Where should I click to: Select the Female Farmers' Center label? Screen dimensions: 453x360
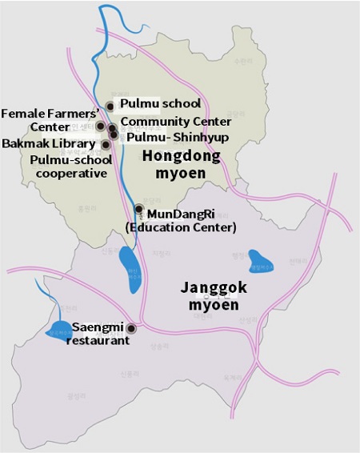click(x=49, y=119)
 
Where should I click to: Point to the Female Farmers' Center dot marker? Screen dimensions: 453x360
click(x=101, y=126)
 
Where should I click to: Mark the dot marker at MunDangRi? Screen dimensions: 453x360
click(x=138, y=210)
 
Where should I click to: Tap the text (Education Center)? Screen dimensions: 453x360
click(x=181, y=227)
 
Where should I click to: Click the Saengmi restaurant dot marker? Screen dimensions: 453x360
click(x=131, y=328)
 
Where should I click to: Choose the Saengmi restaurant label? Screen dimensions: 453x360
click(x=100, y=334)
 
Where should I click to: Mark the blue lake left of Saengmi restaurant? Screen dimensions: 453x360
click(x=58, y=330)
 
